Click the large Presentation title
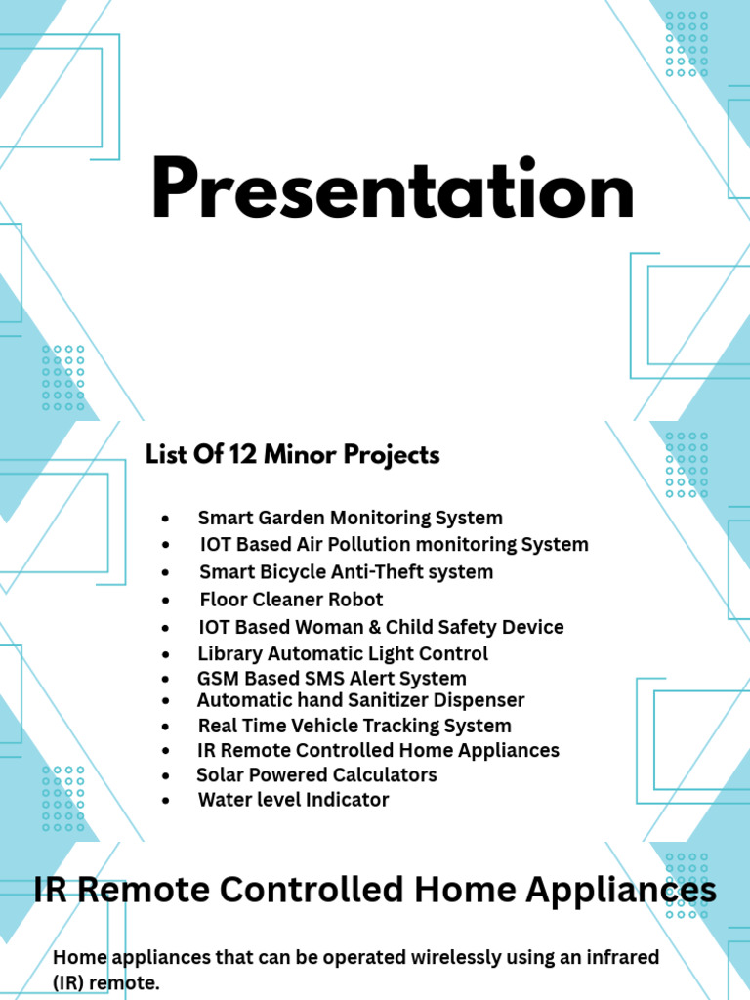pos(393,188)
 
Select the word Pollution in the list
pos(369,545)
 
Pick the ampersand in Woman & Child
pos(374,627)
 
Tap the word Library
pos(229,654)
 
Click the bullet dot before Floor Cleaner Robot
pos(166,601)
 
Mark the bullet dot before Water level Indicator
pos(166,801)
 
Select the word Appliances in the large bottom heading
pos(621,890)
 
